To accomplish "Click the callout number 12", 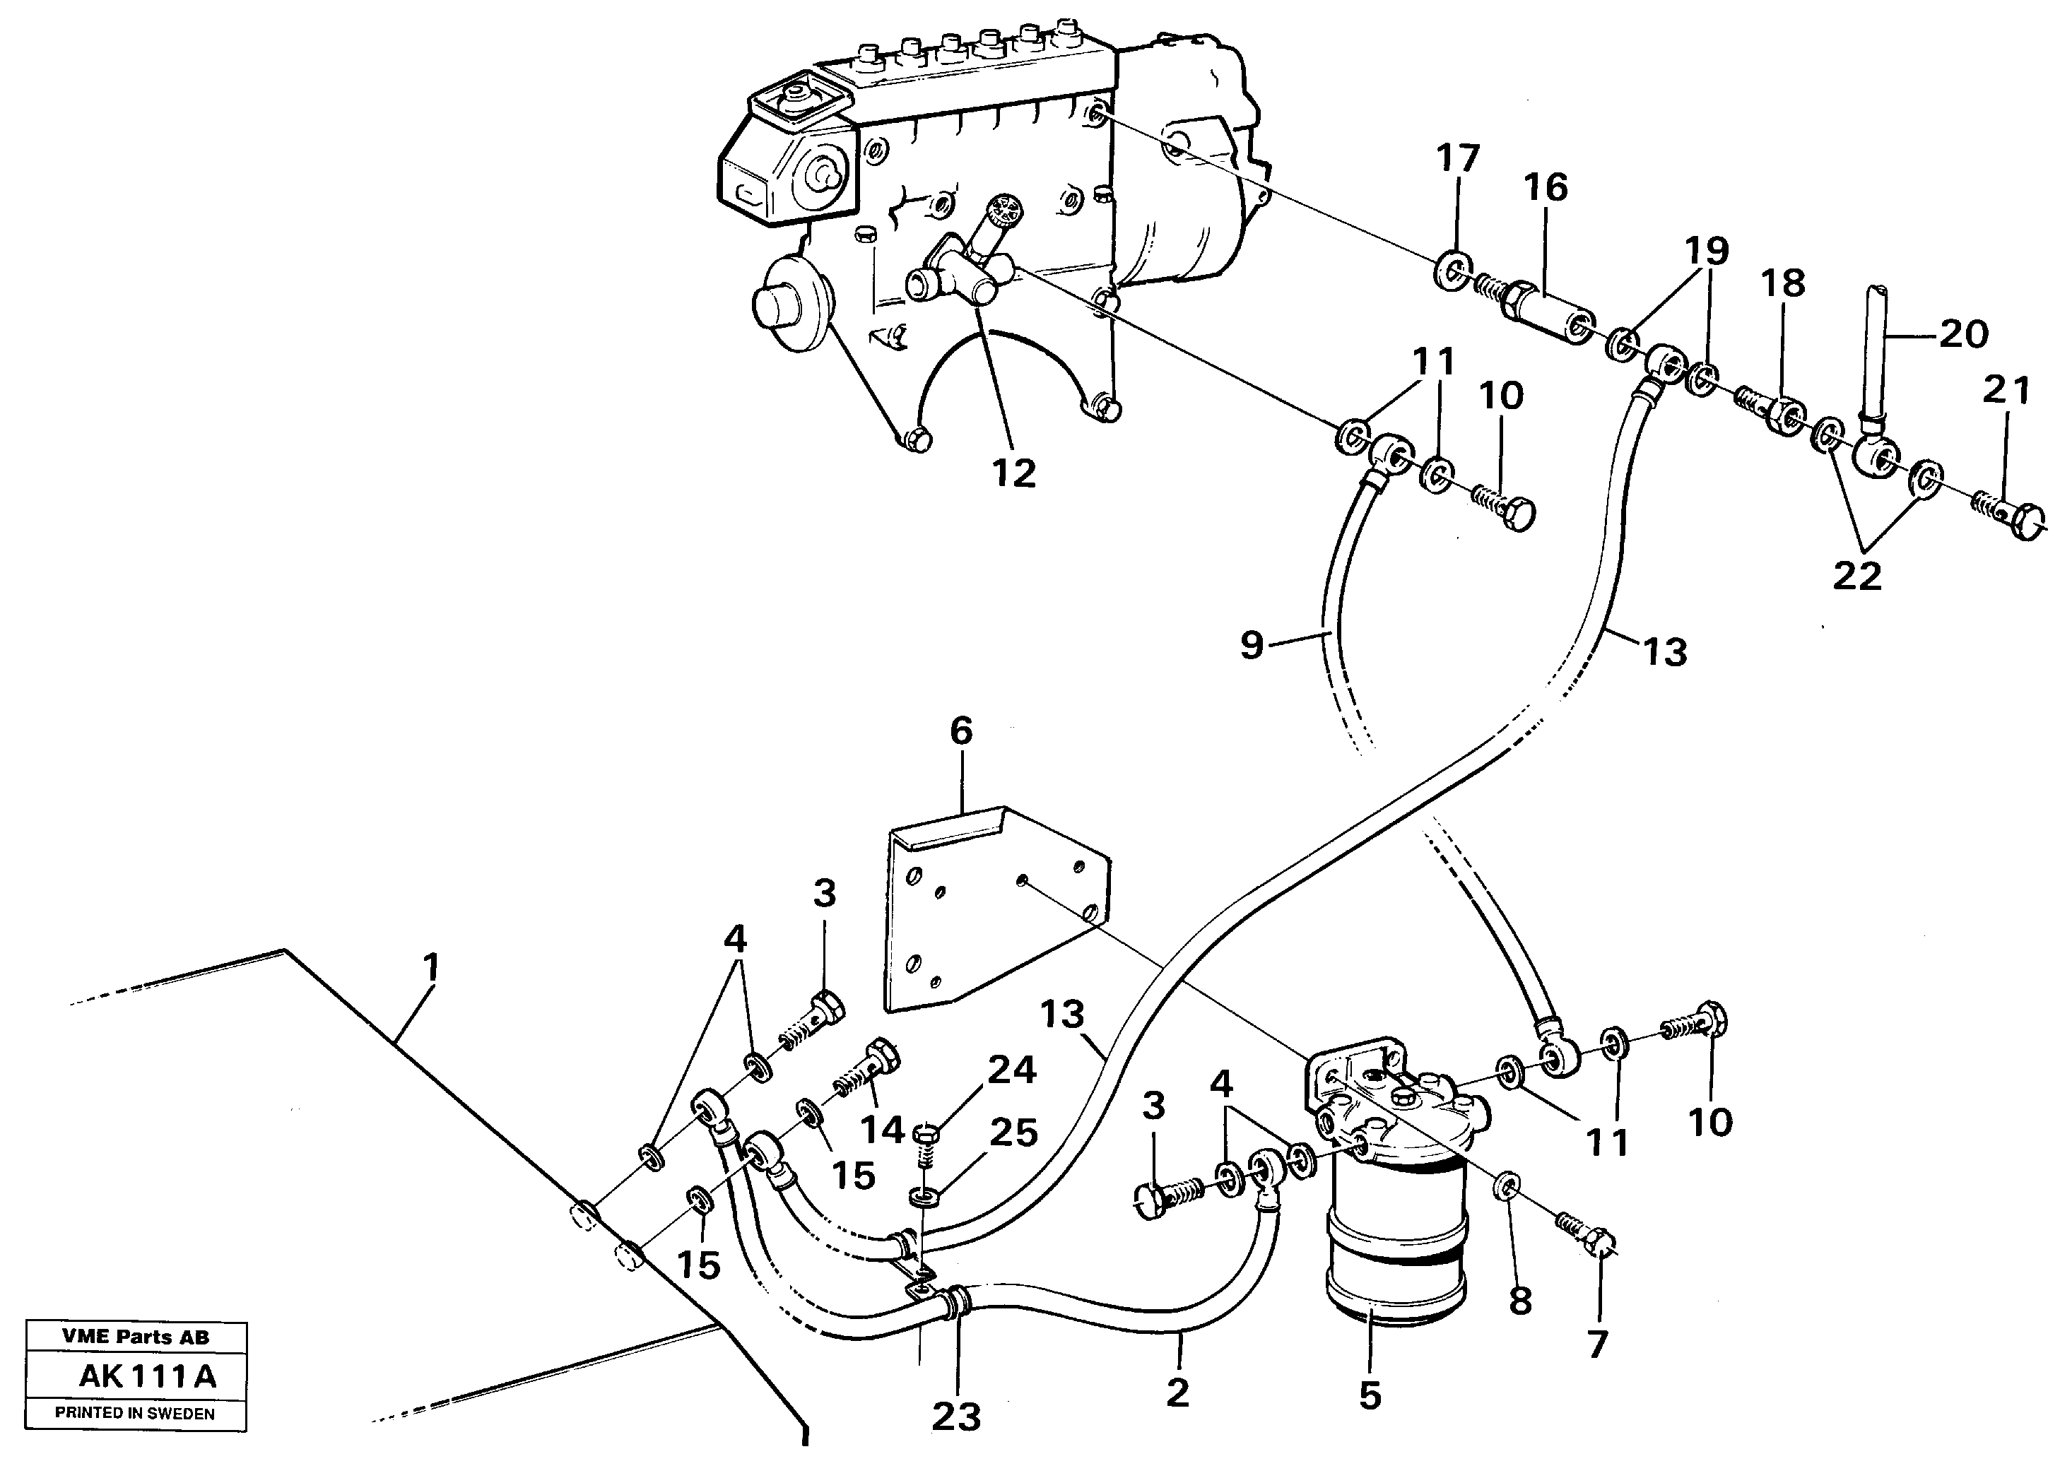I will click(1014, 473).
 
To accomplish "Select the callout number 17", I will click(1458, 158).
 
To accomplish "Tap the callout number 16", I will click(1546, 188).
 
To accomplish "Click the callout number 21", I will click(2006, 391).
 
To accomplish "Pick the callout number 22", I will click(1857, 576).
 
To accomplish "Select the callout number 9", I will click(1251, 646).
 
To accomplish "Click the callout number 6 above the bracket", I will click(961, 731).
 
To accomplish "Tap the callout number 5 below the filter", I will click(1370, 1397).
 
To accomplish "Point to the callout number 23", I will click(956, 1417).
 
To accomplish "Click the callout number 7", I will click(1598, 1345).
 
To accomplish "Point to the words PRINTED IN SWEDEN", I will click(136, 1414).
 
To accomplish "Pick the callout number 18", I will click(1782, 283).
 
